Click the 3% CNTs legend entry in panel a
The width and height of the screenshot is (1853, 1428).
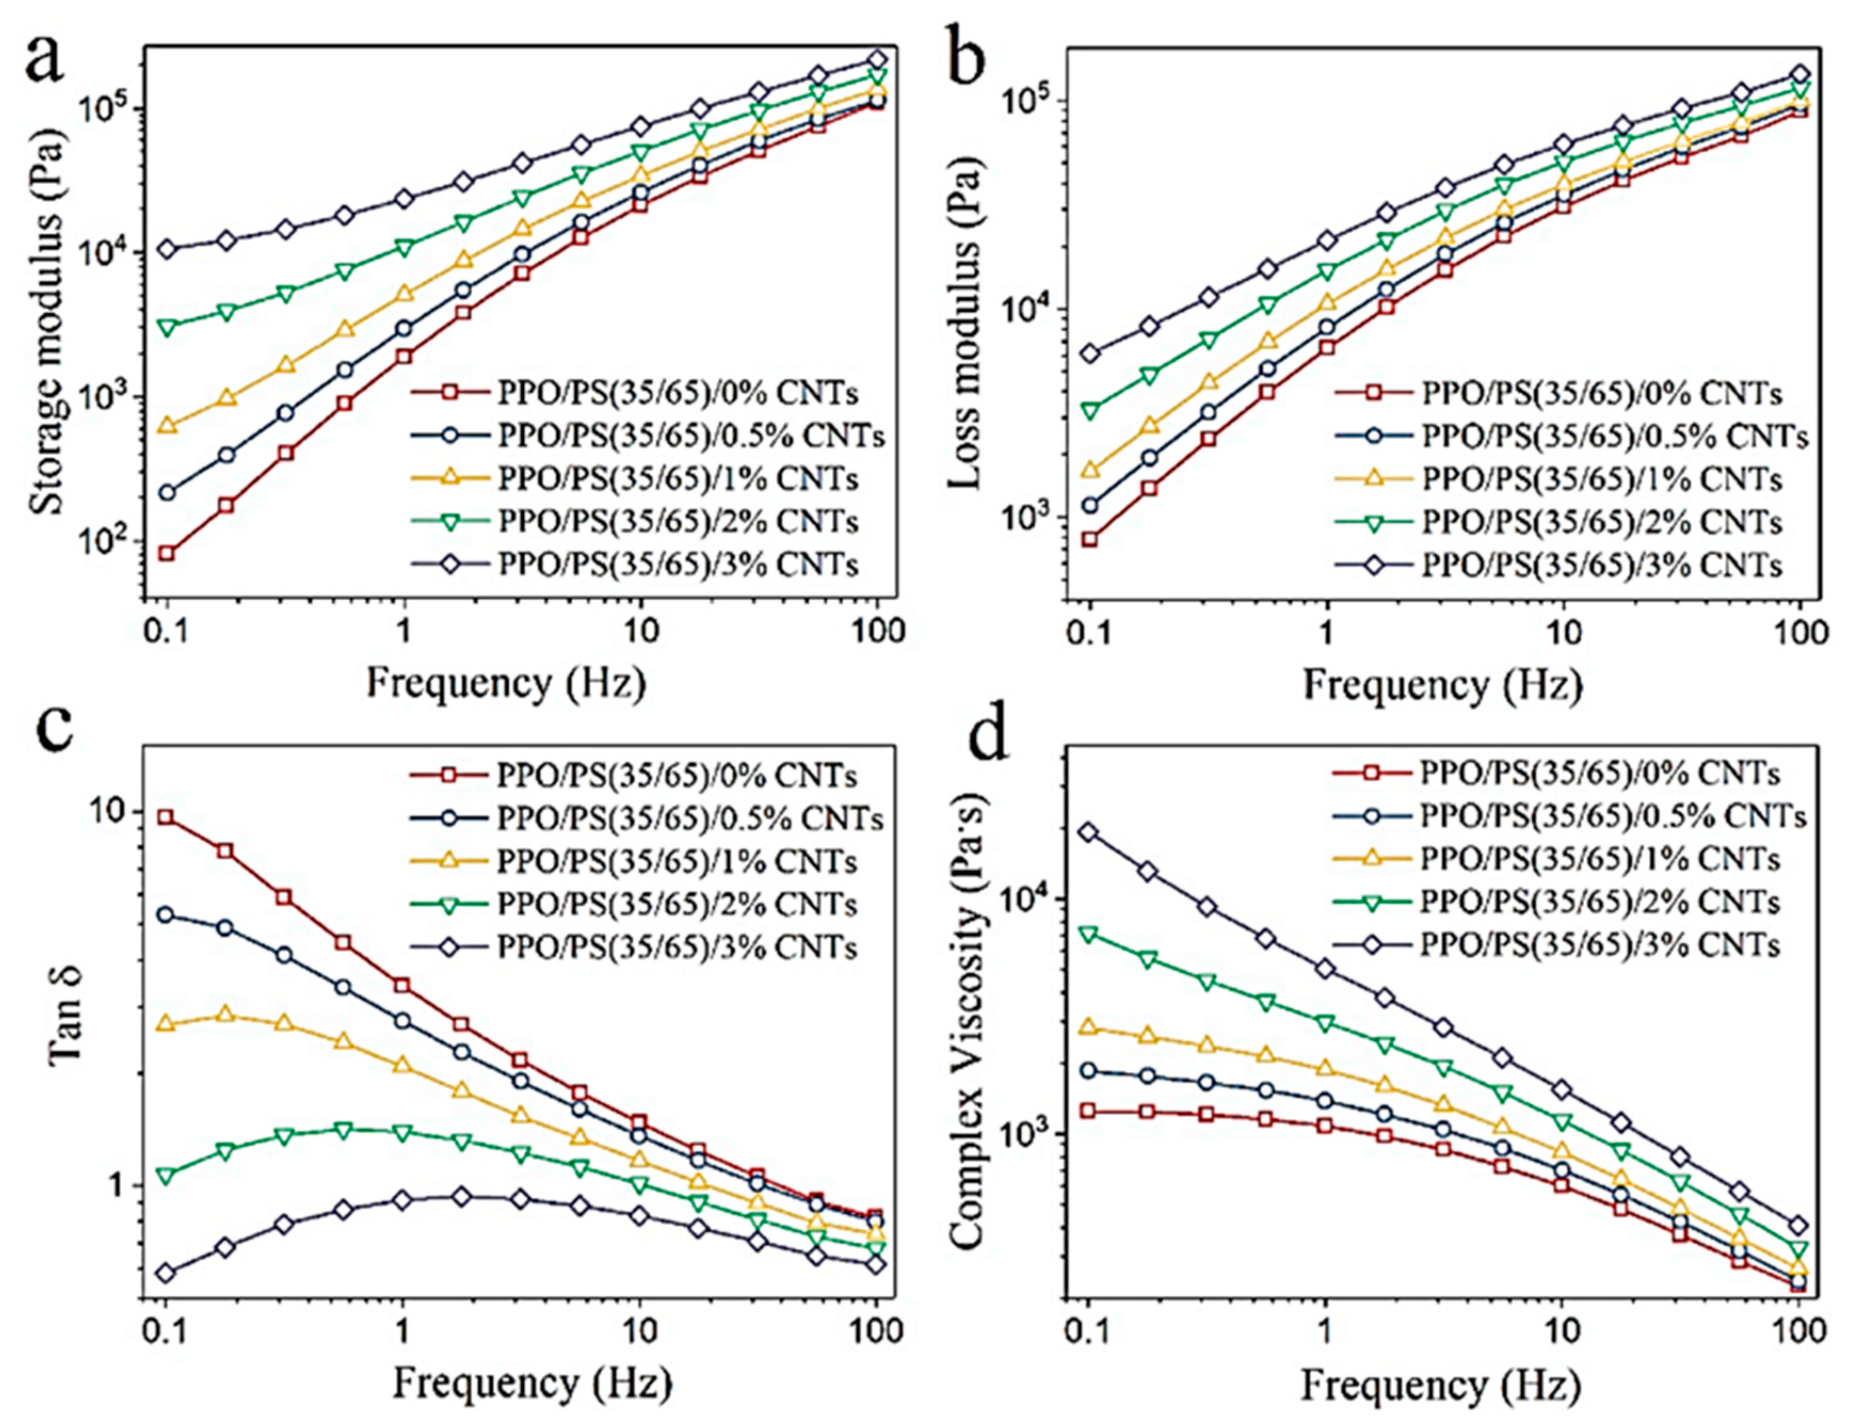pyautogui.click(x=649, y=564)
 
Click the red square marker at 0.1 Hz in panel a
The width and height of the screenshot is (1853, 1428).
pyautogui.click(x=167, y=553)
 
